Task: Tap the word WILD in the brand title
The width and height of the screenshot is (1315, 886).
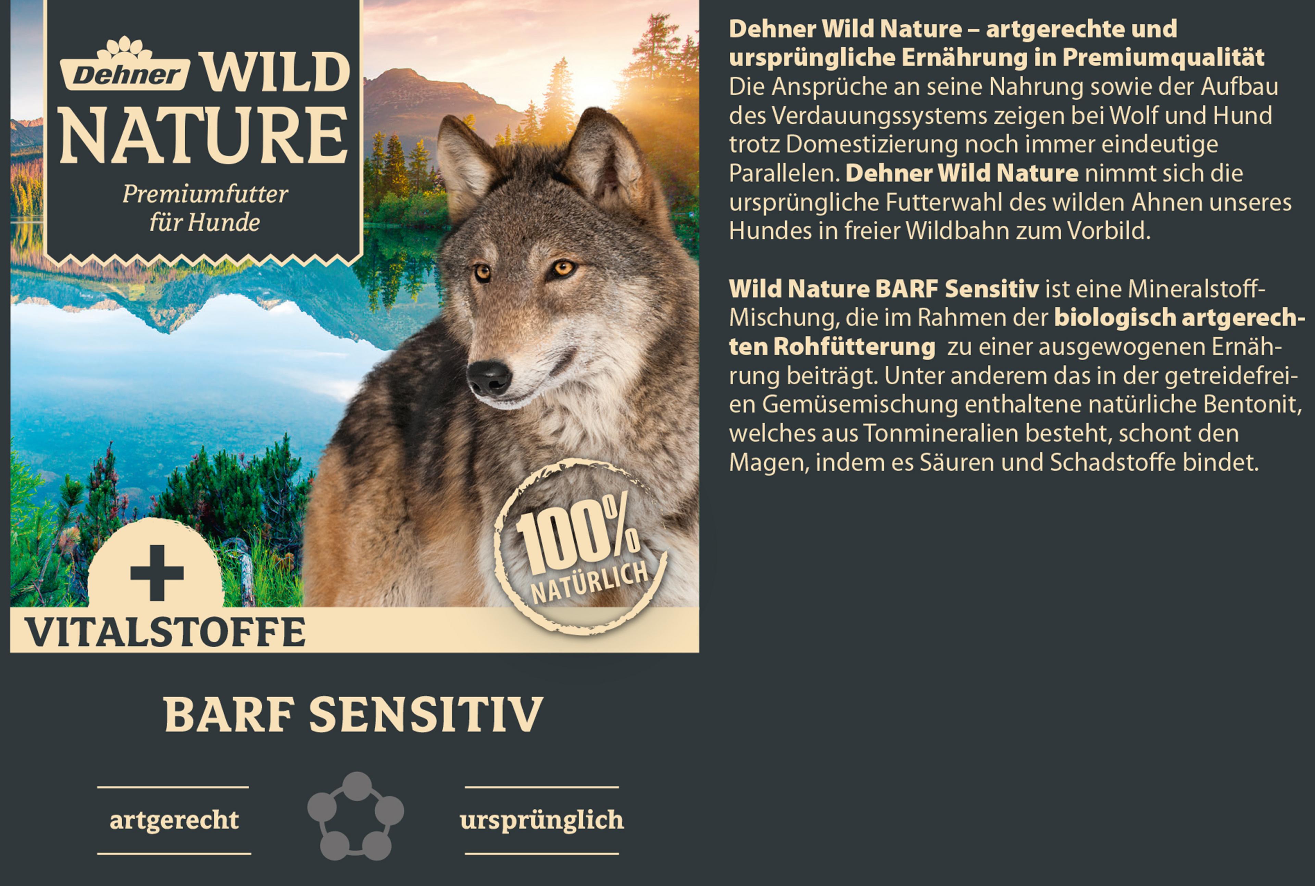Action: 276,72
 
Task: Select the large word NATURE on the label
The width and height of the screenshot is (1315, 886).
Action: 204,136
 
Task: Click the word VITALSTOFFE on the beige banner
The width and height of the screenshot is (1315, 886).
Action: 165,632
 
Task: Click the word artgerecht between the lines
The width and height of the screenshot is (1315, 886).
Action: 174,820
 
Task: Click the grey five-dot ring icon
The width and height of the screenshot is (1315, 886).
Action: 355,815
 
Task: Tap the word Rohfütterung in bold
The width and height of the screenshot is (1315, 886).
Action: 854,346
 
